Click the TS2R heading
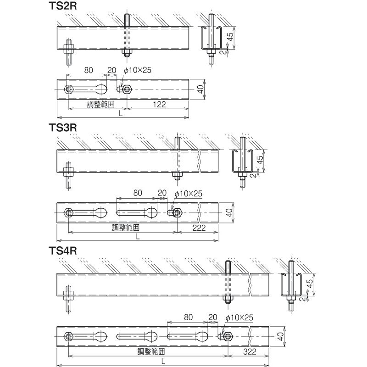[x=63, y=6]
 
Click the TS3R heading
[x=63, y=128]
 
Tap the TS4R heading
[x=63, y=250]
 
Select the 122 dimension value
[x=159, y=105]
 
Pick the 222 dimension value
[x=199, y=228]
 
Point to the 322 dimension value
[x=250, y=351]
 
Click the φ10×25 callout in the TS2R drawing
[x=138, y=70]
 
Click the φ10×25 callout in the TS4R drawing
[x=239, y=317]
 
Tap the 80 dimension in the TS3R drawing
[x=138, y=193]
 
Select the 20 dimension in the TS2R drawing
[x=111, y=70]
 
